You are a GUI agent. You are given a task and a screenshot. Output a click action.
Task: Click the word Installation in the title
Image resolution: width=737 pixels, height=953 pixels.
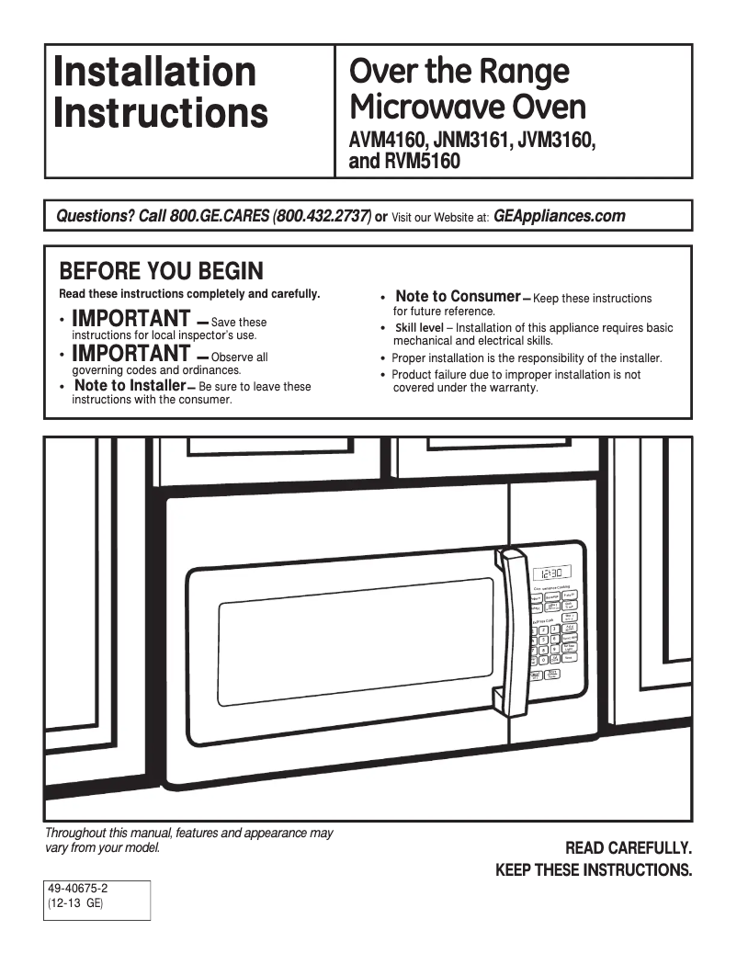(x=154, y=72)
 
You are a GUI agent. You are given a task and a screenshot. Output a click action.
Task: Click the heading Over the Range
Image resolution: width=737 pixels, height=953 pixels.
(x=459, y=71)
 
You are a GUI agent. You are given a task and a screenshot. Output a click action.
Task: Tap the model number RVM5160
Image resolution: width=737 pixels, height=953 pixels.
(x=424, y=163)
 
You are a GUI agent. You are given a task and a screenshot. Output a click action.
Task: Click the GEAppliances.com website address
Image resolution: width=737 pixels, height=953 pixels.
(x=559, y=217)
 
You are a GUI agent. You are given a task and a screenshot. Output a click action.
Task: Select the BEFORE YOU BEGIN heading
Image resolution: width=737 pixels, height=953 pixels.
(x=161, y=272)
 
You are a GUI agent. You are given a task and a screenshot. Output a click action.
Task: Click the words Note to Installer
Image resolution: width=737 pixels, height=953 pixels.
(x=130, y=386)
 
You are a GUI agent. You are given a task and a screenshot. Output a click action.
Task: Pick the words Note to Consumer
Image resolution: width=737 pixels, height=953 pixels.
(x=458, y=296)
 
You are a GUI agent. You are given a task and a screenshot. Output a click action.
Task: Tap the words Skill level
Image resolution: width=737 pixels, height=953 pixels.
(x=419, y=328)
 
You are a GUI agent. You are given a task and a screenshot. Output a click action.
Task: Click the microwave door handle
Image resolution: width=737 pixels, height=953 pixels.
(x=510, y=630)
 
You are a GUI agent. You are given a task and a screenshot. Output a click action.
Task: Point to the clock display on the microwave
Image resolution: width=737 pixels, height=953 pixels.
(x=553, y=572)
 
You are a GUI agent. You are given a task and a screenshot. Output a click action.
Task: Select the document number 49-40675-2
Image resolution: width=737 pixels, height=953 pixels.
(x=84, y=889)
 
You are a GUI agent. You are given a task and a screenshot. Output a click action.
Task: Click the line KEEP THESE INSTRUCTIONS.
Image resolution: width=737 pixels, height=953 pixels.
(x=594, y=869)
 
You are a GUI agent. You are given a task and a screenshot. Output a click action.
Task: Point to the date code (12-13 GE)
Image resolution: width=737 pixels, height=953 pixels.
(x=76, y=903)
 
